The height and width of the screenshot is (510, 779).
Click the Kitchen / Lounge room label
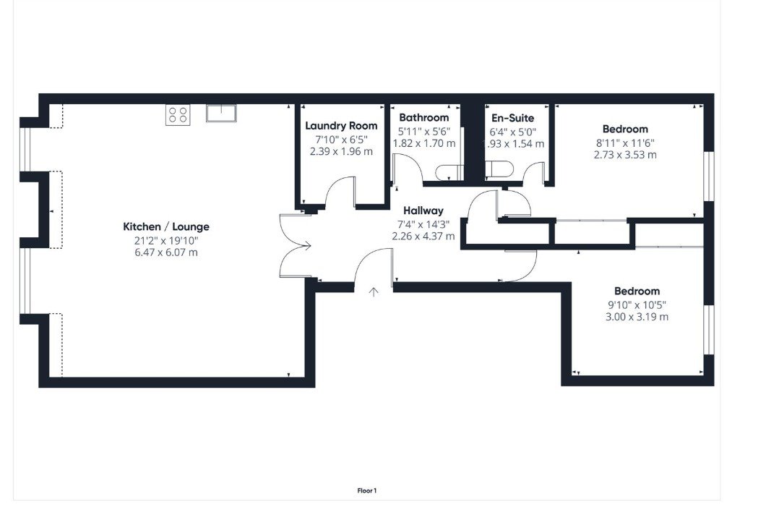(165, 227)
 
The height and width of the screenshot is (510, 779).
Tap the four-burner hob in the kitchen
(178, 115)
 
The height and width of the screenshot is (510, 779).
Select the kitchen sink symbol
(220, 113)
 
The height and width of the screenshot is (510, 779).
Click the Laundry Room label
(341, 126)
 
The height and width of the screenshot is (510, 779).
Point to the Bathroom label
(423, 117)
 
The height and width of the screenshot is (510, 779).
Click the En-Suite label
(513, 117)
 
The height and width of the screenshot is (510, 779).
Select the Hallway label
(423, 211)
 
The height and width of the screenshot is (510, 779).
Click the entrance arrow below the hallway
(374, 292)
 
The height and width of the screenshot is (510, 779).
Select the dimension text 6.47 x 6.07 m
(165, 252)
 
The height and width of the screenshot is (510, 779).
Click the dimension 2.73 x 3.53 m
(625, 155)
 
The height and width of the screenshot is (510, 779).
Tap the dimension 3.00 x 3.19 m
(637, 317)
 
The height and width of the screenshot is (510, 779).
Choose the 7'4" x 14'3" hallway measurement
(423, 224)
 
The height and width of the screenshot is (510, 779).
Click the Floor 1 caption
(367, 490)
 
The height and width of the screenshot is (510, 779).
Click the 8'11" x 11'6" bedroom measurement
(625, 143)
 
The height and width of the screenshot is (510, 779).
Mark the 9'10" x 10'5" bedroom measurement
(637, 305)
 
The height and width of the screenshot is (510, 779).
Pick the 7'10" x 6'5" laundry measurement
(341, 139)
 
